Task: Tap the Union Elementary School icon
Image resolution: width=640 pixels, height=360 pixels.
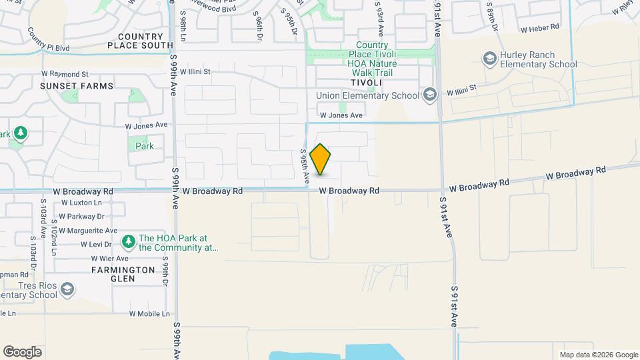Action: pyautogui.click(x=429, y=95)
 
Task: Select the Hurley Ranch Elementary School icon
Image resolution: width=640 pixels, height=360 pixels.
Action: pyautogui.click(x=491, y=59)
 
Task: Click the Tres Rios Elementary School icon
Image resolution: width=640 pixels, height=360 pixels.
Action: pyautogui.click(x=67, y=289)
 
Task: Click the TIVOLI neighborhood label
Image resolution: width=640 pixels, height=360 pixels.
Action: pyautogui.click(x=367, y=82)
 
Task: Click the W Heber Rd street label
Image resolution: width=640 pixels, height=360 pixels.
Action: pyautogui.click(x=542, y=29)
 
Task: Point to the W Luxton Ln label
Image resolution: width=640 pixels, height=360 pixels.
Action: pyautogui.click(x=82, y=203)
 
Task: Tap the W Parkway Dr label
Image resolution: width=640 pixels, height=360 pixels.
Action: pyautogui.click(x=82, y=216)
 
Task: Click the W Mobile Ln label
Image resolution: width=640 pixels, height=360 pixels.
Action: pyautogui.click(x=151, y=313)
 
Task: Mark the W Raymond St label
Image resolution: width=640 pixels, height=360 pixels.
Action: pyautogui.click(x=65, y=73)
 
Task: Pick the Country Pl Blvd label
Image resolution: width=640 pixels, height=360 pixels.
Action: pyautogui.click(x=49, y=41)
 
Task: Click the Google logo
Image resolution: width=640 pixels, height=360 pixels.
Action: pyautogui.click(x=22, y=352)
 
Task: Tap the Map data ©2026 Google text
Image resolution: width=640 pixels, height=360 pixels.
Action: pyautogui.click(x=599, y=355)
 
